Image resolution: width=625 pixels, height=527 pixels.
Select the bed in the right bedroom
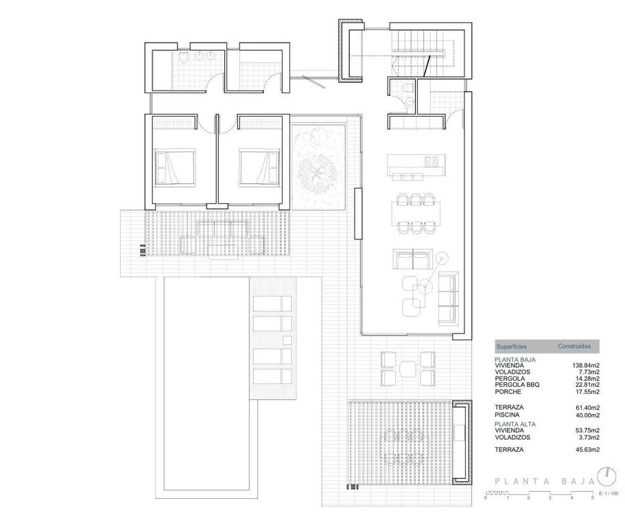coord(259,167)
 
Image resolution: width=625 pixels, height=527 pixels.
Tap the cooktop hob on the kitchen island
coord(432,162)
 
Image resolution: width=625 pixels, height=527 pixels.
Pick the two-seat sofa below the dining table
coord(411,259)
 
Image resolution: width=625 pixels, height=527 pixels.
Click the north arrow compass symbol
coord(606,475)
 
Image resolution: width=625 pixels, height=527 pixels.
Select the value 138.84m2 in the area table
coord(586,365)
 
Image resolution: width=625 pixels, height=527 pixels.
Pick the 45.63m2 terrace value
coord(587,449)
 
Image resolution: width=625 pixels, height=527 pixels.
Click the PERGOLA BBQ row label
coord(517,385)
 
